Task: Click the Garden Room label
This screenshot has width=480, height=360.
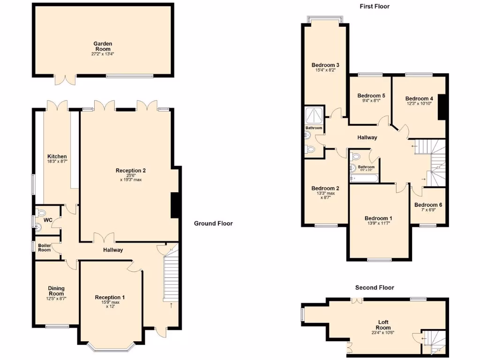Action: coord(102,46)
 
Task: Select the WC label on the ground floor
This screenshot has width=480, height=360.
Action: coord(48,220)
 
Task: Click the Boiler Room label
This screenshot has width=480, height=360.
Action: coord(45,247)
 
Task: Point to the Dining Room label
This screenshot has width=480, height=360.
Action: coord(56,291)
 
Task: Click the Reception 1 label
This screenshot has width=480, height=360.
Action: coord(110,297)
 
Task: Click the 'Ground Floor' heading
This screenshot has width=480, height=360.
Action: coord(213,224)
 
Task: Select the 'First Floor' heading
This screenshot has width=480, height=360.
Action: coord(375,7)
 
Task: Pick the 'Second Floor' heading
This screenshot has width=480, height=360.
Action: coord(375,287)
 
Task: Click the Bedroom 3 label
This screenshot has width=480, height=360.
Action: coord(325,65)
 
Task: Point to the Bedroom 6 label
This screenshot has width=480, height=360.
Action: coord(428,205)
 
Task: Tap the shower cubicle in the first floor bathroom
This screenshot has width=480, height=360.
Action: coord(313,114)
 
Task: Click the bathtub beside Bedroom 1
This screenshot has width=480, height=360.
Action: coord(363,178)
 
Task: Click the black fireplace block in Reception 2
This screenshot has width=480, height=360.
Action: coord(175,205)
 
